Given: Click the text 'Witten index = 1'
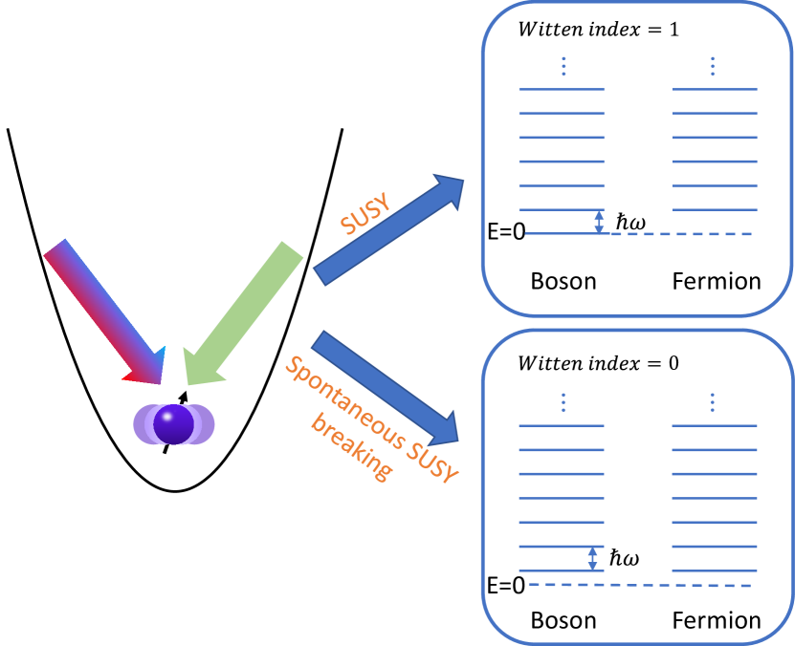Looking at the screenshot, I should (x=598, y=29).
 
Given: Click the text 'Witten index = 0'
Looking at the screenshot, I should (x=598, y=363).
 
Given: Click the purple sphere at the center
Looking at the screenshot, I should (x=173, y=424).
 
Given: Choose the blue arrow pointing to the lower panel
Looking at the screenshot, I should (x=387, y=386).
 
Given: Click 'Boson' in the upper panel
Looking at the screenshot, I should (x=563, y=281).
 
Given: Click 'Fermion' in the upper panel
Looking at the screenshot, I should (x=717, y=281).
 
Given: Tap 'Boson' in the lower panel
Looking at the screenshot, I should (x=563, y=619).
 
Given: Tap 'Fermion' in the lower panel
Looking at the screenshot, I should (x=717, y=619).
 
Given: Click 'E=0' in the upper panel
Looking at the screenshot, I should (x=506, y=232).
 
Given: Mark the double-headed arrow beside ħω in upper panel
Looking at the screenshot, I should (x=599, y=222).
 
